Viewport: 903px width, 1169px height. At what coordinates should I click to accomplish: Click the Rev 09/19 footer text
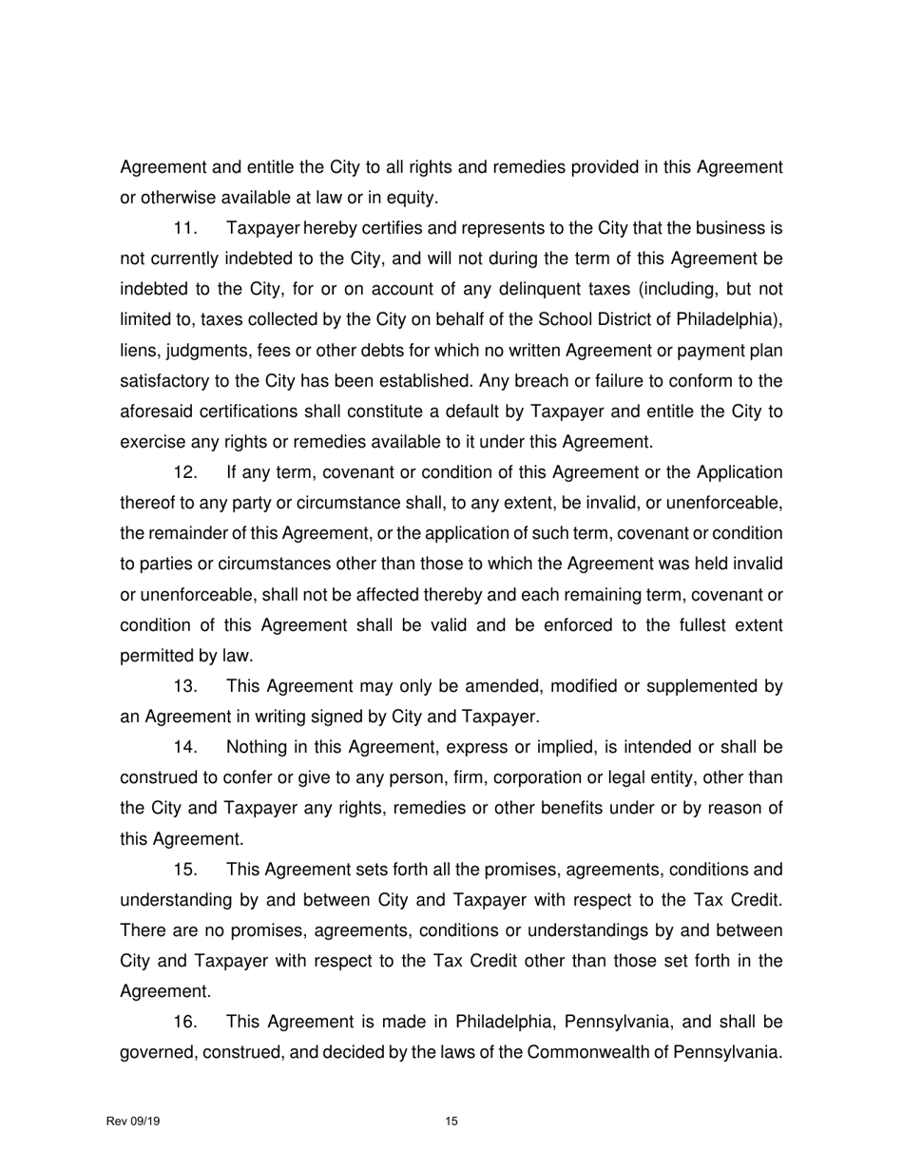(x=133, y=1121)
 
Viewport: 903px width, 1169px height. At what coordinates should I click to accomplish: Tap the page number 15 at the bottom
(x=451, y=1121)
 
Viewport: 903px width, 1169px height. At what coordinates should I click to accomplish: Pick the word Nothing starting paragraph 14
(x=258, y=747)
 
